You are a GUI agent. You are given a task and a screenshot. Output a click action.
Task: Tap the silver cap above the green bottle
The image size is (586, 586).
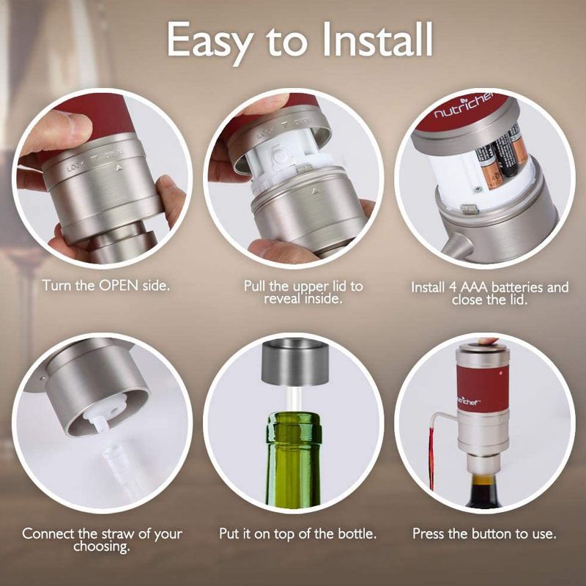coord(293,363)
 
